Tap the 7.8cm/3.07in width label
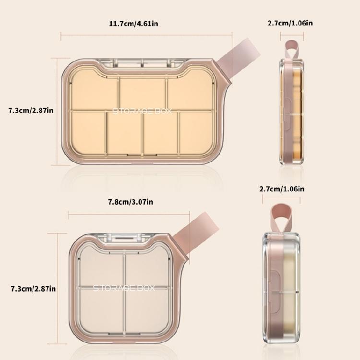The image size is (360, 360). point(130,202)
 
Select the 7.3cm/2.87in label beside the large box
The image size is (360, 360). point(31,110)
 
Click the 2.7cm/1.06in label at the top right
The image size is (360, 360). point(293,23)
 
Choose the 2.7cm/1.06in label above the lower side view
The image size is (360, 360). point(282,189)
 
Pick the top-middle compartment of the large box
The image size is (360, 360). point(142,93)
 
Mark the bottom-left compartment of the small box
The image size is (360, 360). point(101,310)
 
